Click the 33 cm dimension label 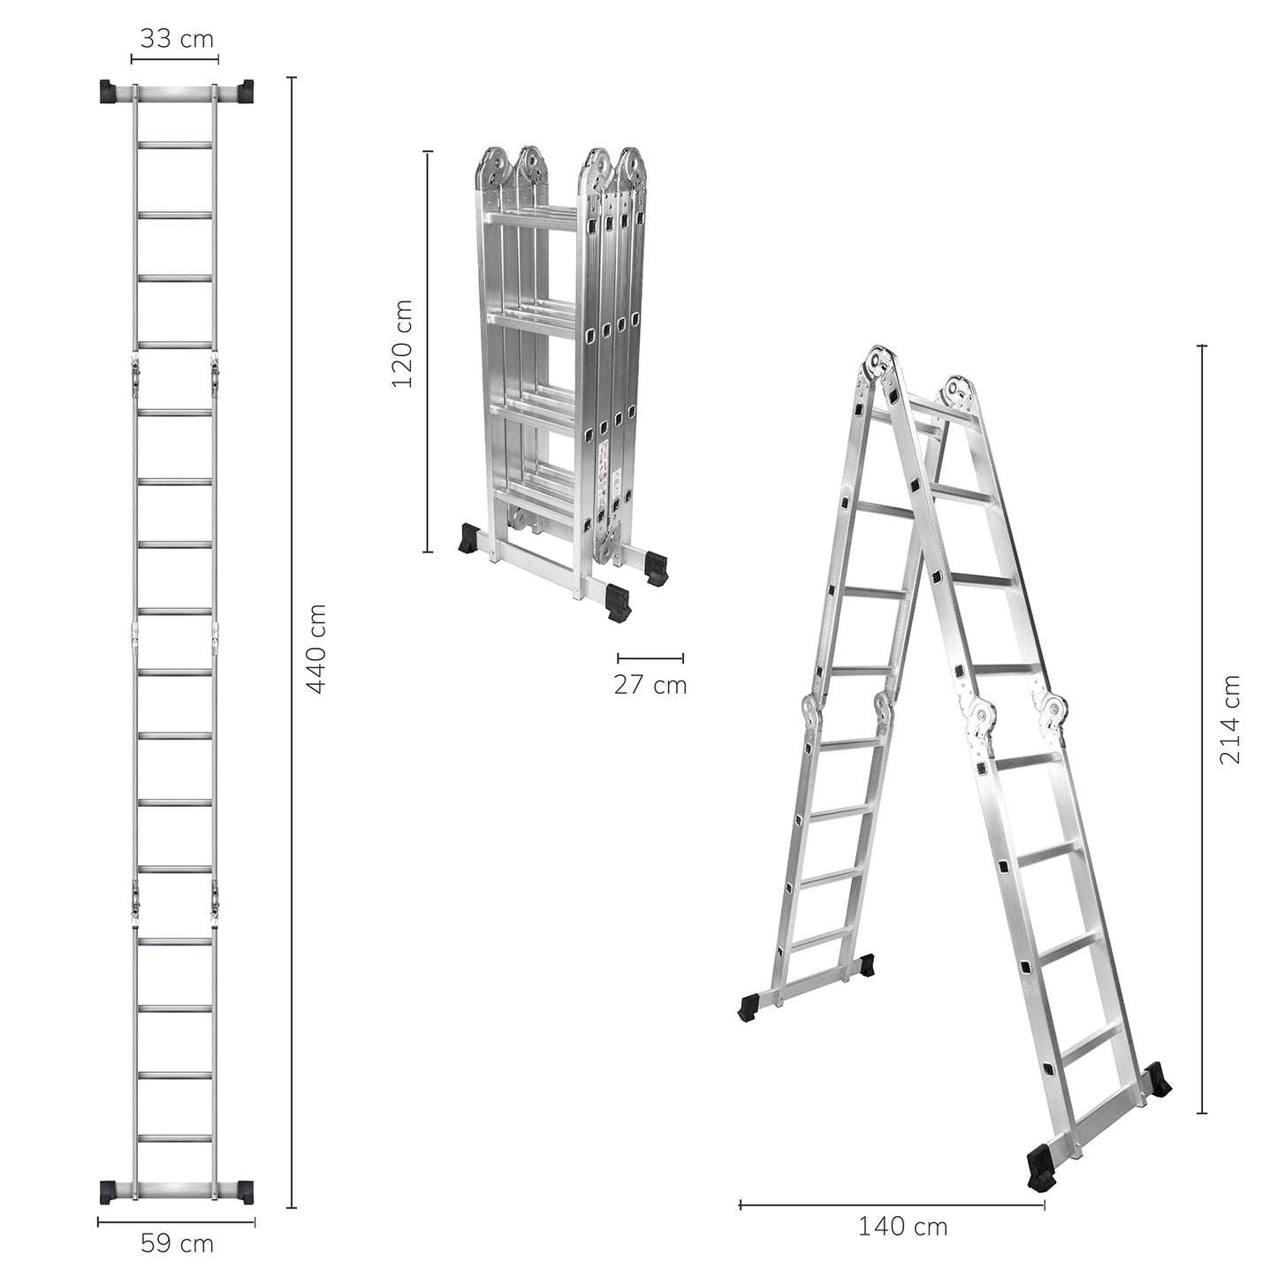point(177,39)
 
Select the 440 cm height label point(317,649)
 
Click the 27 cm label point(650,685)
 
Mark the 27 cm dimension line point(650,658)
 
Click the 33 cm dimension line point(175,59)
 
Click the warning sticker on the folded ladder point(603,467)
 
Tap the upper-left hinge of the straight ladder point(135,376)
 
